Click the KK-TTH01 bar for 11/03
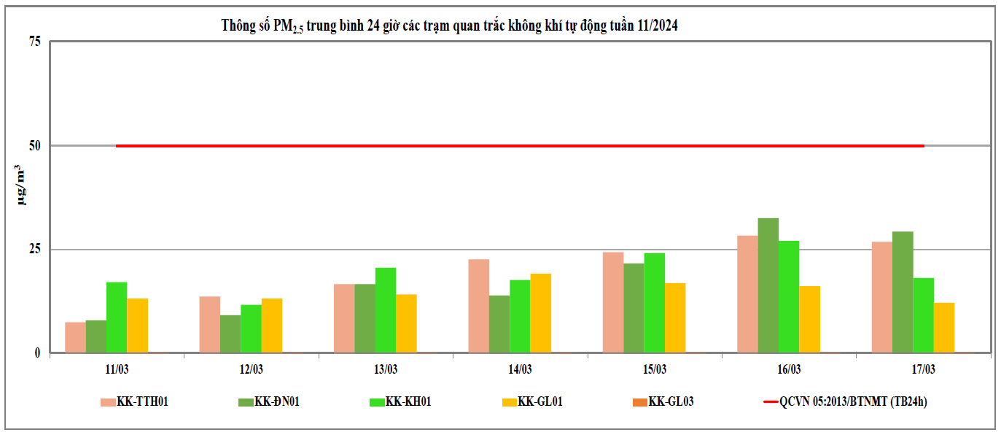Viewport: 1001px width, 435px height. [x=75, y=337]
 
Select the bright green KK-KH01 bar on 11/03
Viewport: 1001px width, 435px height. [x=117, y=317]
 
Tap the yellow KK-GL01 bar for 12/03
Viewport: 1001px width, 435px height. [x=272, y=326]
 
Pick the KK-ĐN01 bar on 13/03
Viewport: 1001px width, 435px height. [x=365, y=318]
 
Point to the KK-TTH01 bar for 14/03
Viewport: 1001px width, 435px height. [x=479, y=306]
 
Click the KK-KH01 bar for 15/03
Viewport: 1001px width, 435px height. [x=654, y=303]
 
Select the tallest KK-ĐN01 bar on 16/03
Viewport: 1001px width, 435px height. [x=768, y=285]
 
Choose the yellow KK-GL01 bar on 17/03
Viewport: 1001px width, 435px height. [x=943, y=328]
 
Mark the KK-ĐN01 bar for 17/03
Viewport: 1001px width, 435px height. [x=903, y=292]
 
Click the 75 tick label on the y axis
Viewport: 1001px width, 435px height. [x=34, y=42]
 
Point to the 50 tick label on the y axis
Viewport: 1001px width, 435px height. [x=34, y=145]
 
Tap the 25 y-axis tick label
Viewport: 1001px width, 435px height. [x=34, y=250]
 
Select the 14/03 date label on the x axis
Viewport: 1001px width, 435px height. [x=520, y=369]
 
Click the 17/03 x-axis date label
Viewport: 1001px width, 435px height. [x=923, y=369]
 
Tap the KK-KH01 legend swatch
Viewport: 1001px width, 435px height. [x=376, y=401]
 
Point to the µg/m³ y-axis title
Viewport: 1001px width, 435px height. [x=23, y=185]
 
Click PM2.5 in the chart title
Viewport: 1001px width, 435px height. [x=288, y=26]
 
